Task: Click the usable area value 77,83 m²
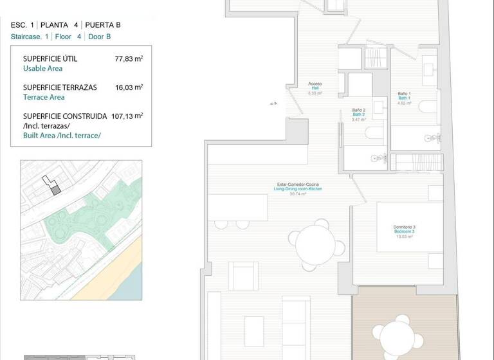(x=129, y=59)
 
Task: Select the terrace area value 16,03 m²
(x=129, y=87)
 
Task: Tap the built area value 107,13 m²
(x=126, y=116)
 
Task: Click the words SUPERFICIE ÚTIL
(x=50, y=59)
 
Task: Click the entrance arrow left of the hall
(x=273, y=103)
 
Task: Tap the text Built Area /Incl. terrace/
(x=62, y=136)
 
